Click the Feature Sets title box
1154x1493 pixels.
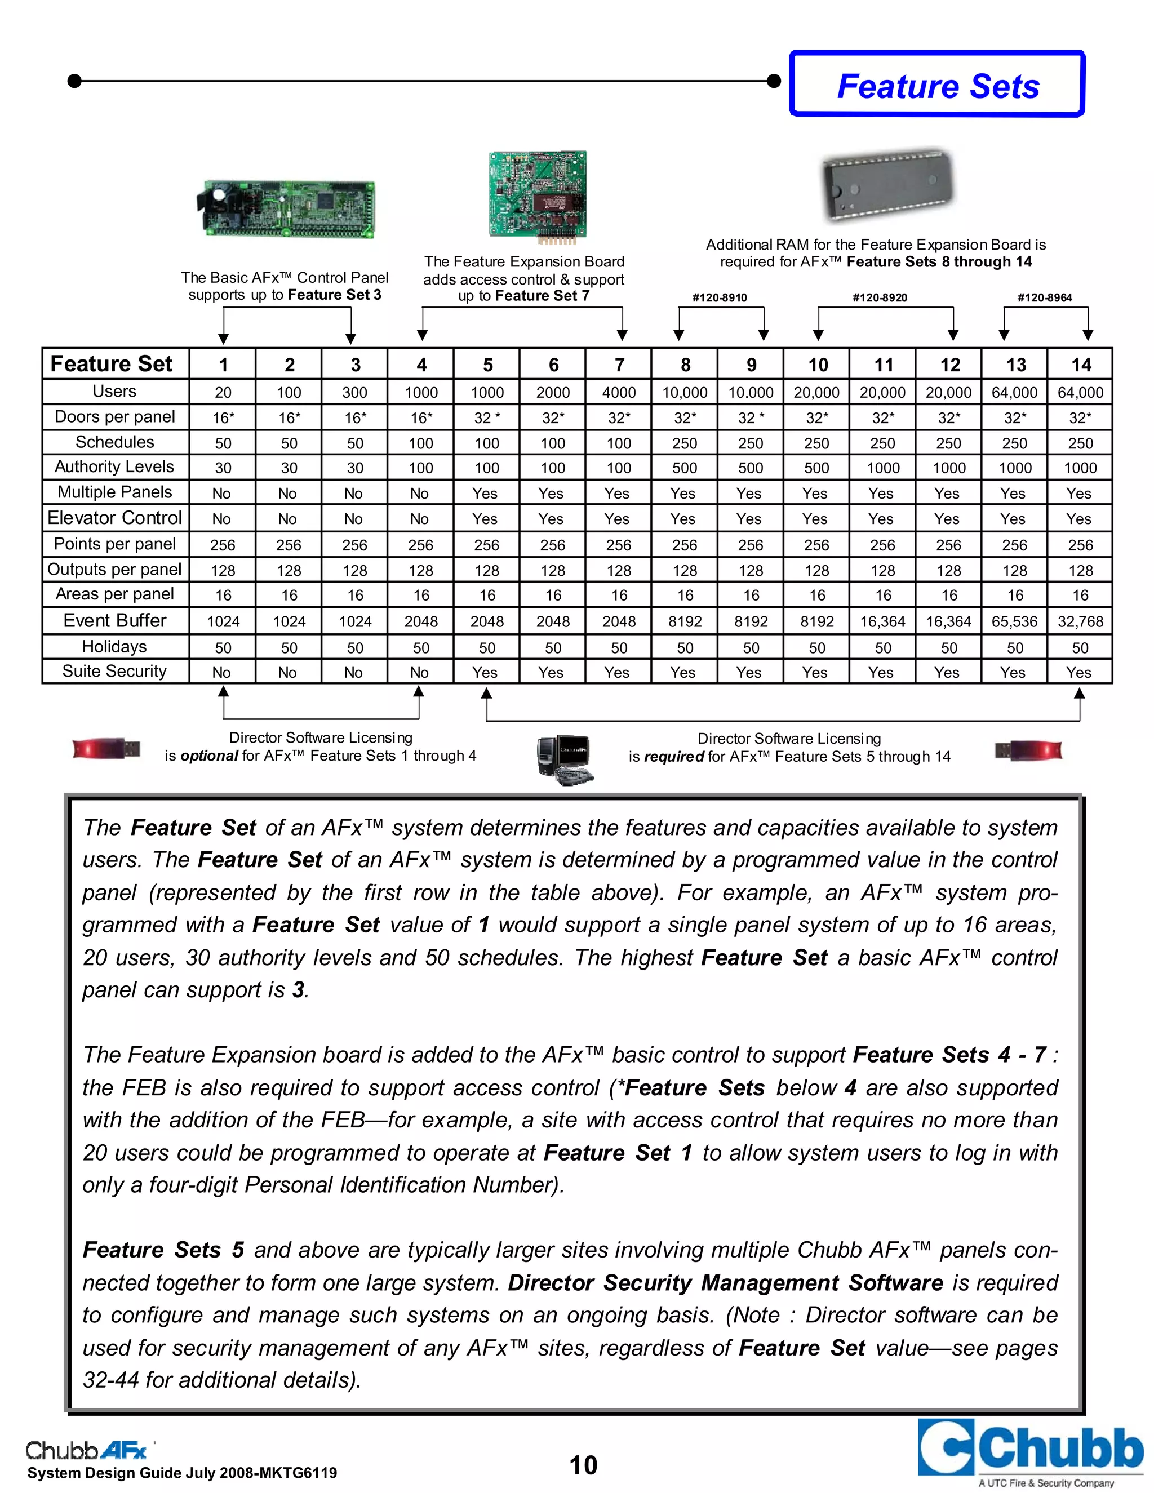937,85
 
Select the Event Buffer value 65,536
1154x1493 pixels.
1014,621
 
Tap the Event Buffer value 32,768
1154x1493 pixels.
1080,621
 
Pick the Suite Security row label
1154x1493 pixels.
114,672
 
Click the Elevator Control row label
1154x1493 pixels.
114,518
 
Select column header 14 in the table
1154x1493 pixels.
1081,365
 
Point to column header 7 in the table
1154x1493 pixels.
619,365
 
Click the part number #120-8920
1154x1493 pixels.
879,297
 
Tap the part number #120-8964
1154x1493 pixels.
1045,297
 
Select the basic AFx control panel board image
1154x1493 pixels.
285,208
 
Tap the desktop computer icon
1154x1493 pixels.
564,759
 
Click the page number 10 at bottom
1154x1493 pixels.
583,1465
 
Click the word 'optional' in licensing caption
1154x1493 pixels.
208,756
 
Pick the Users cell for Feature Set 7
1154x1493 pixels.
619,392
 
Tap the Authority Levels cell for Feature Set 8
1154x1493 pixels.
684,468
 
